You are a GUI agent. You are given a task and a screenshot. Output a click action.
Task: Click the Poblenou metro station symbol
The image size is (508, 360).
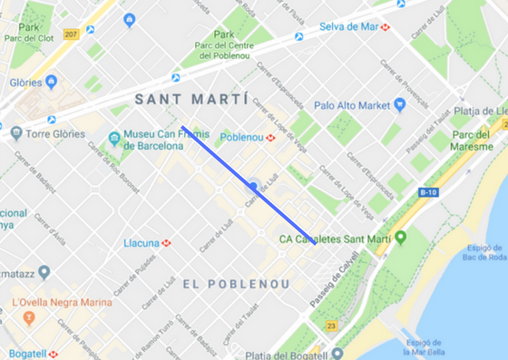[270, 138]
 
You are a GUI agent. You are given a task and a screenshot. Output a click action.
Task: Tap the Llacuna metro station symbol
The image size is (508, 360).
[166, 243]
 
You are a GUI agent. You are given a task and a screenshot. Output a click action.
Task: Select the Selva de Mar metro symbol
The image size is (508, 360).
[386, 27]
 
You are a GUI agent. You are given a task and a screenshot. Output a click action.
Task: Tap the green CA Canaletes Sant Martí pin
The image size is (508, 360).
[399, 238]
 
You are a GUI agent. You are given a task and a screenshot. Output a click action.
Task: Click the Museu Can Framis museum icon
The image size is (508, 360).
[113, 140]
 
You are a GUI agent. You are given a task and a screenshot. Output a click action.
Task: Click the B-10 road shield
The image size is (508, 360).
[429, 192]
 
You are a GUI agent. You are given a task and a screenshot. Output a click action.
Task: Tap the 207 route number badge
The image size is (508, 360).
[71, 35]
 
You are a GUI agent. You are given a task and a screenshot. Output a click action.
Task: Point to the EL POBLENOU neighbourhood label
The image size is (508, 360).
[236, 284]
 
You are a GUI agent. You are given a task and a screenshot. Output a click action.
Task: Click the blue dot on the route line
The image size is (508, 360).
[253, 185]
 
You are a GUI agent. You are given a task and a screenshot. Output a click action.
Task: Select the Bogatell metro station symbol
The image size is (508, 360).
[54, 354]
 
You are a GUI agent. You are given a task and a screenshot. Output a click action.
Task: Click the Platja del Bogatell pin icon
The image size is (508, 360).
[337, 354]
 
